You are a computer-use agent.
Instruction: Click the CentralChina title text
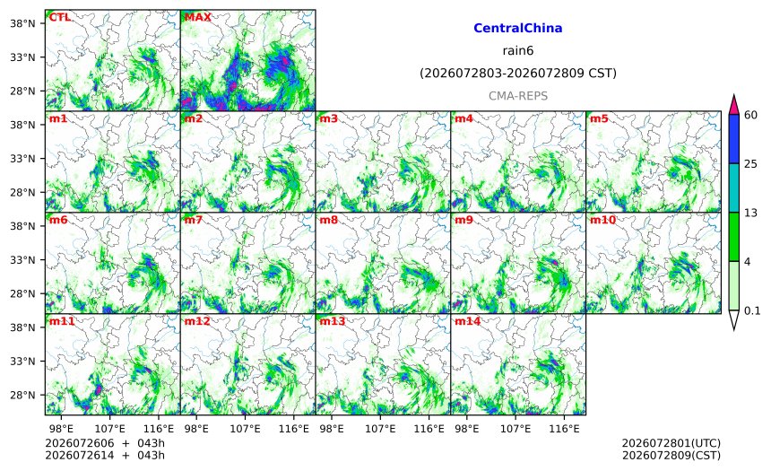518,28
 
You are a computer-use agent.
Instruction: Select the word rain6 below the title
518,51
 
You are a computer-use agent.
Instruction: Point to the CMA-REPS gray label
518,96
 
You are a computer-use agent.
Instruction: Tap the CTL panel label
59,17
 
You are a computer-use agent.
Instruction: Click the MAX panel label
197,17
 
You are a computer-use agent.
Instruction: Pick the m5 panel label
599,118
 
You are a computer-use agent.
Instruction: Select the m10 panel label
602,220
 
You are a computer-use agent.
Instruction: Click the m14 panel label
467,321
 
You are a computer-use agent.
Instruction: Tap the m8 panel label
328,220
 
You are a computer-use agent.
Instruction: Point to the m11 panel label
62,321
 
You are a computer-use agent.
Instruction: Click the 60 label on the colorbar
751,115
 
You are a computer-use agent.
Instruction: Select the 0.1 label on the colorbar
752,310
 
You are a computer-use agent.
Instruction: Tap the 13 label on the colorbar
751,213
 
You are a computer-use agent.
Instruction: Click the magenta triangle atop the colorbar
733,105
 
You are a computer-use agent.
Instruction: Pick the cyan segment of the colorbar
733,188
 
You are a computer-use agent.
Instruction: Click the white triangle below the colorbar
733,319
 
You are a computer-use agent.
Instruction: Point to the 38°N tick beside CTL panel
22,23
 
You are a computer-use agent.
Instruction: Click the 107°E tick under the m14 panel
515,429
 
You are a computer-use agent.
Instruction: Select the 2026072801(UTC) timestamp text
671,443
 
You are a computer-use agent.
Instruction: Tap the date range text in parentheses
518,74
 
